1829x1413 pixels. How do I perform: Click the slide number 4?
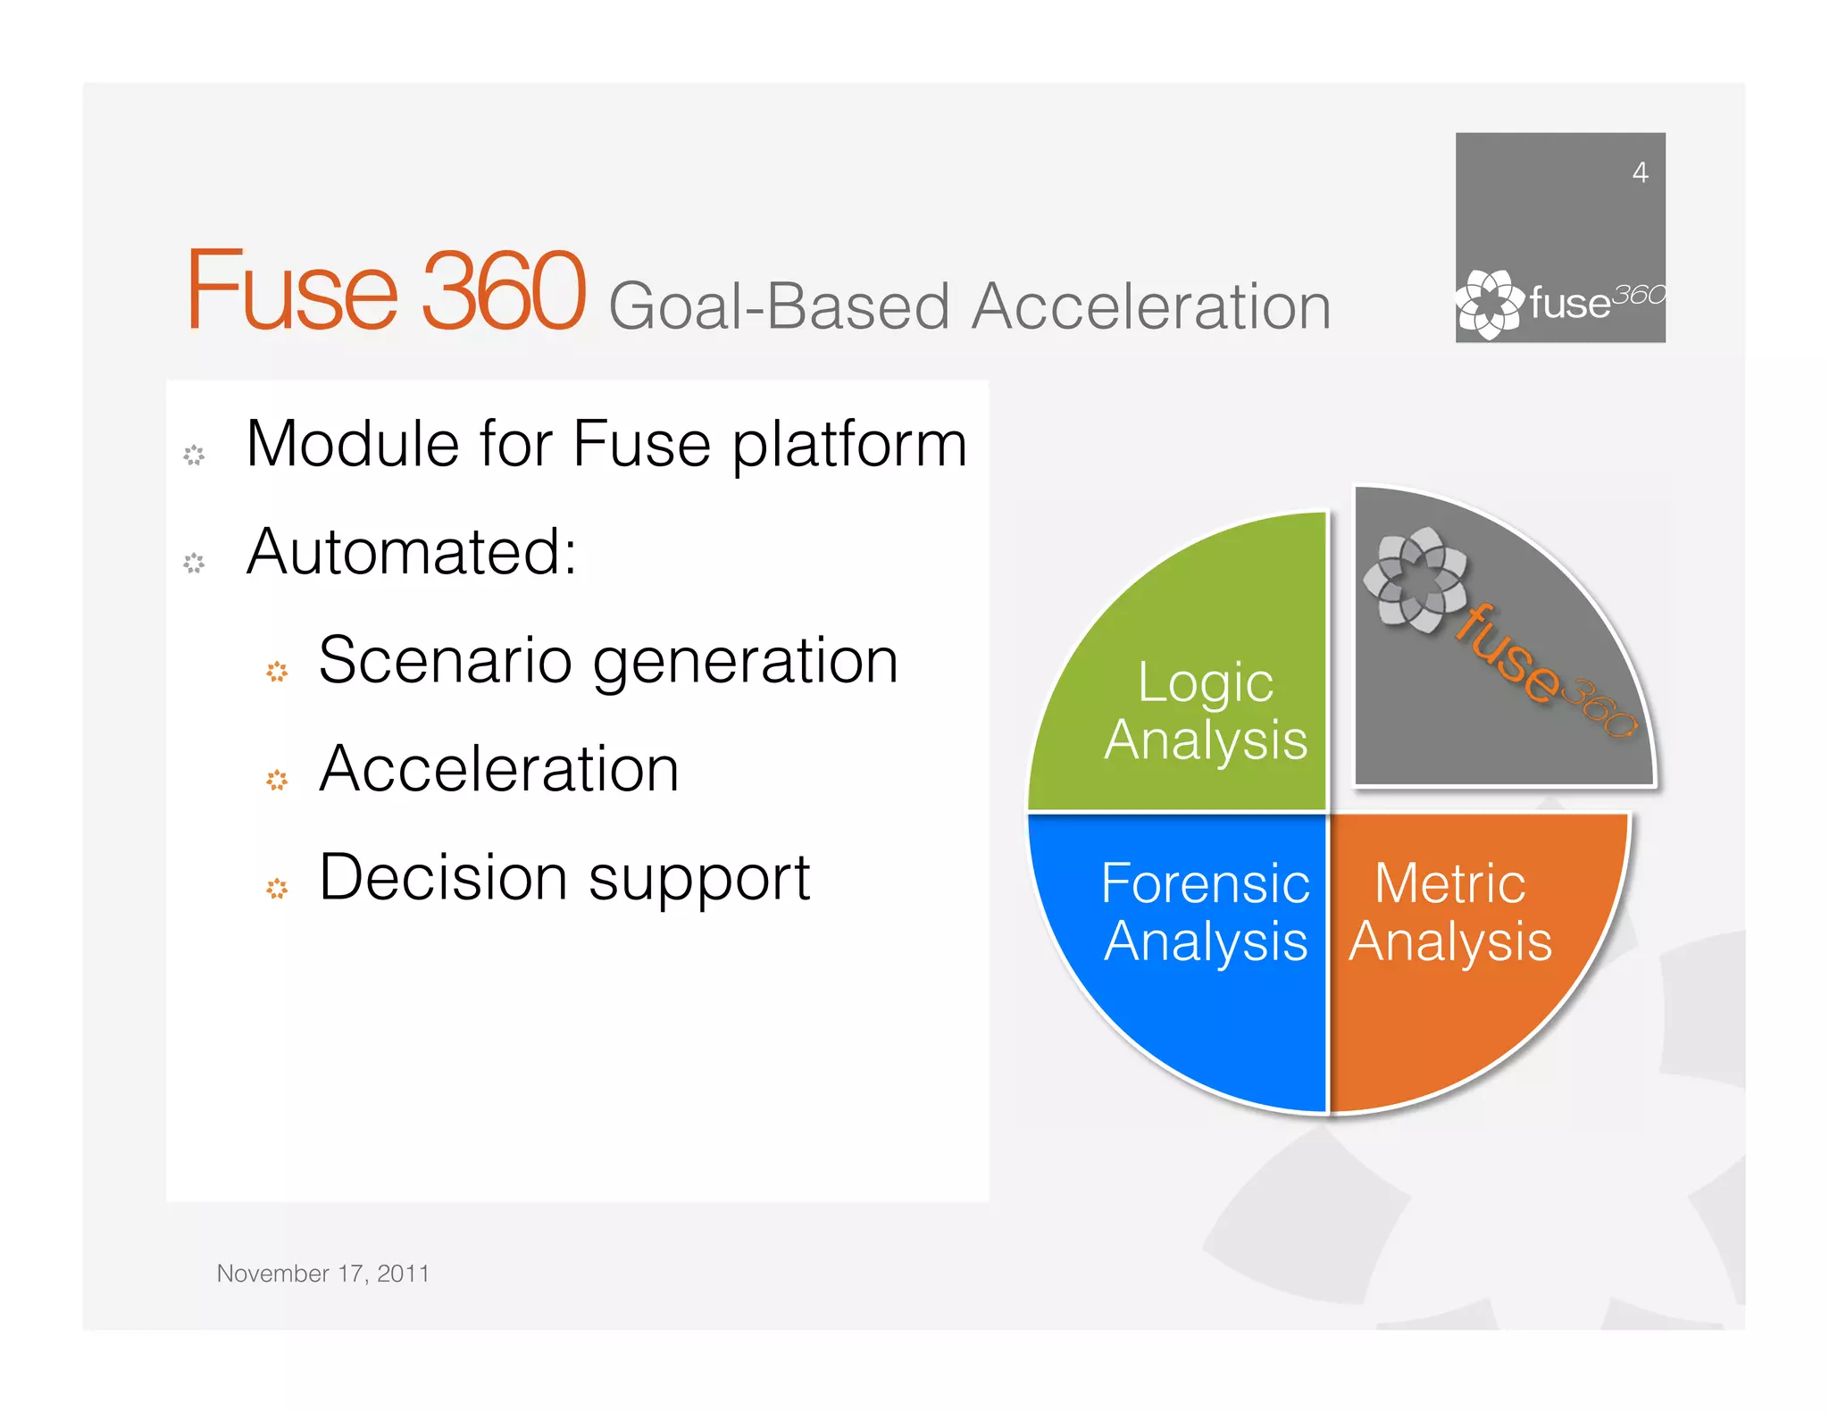[x=1640, y=172]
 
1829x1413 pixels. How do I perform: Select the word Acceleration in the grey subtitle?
[x=1151, y=307]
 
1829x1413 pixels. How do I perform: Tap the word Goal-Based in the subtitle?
[x=779, y=307]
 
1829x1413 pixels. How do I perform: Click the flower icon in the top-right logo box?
[x=1490, y=304]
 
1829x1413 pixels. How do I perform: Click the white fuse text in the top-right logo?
[x=1569, y=304]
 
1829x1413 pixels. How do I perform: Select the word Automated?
[x=412, y=553]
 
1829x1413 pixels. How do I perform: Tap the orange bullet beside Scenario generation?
[x=277, y=672]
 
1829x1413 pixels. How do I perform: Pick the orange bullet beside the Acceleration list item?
[x=277, y=780]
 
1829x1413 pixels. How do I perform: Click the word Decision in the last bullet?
[x=443, y=877]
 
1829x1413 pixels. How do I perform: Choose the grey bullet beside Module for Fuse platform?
[x=194, y=455]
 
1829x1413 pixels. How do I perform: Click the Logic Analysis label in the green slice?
[x=1205, y=711]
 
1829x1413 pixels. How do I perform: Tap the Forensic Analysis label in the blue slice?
[x=1205, y=912]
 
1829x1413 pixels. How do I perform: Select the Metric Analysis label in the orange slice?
[x=1450, y=912]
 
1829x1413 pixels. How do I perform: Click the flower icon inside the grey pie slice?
[x=1415, y=580]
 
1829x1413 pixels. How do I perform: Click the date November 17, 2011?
[x=322, y=1273]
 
